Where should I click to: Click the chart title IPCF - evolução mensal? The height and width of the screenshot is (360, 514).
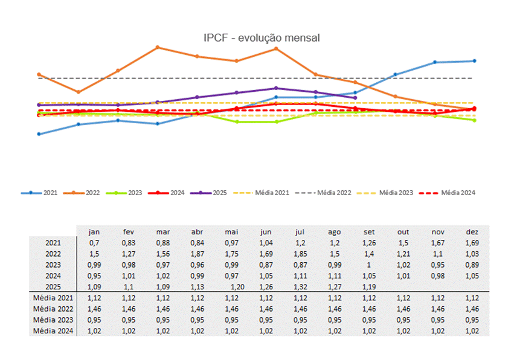262,38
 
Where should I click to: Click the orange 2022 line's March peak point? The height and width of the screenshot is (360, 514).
157,47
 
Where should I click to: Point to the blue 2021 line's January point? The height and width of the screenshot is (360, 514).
39,134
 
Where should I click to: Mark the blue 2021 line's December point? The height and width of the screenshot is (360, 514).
475,61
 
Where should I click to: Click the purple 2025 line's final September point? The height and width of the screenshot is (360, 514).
356,97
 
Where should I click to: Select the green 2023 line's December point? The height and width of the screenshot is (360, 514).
475,120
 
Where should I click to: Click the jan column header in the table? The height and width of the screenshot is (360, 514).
94,231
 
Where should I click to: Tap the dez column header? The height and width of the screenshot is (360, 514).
472,231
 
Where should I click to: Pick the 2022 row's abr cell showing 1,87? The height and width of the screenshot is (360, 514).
198,253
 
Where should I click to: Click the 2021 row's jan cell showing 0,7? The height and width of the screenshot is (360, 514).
94,242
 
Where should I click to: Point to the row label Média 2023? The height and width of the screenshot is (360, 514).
54,319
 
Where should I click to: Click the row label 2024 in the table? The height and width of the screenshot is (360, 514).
54,275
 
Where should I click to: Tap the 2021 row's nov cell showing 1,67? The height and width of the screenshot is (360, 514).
439,242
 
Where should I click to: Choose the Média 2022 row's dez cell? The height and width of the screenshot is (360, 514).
472,308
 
